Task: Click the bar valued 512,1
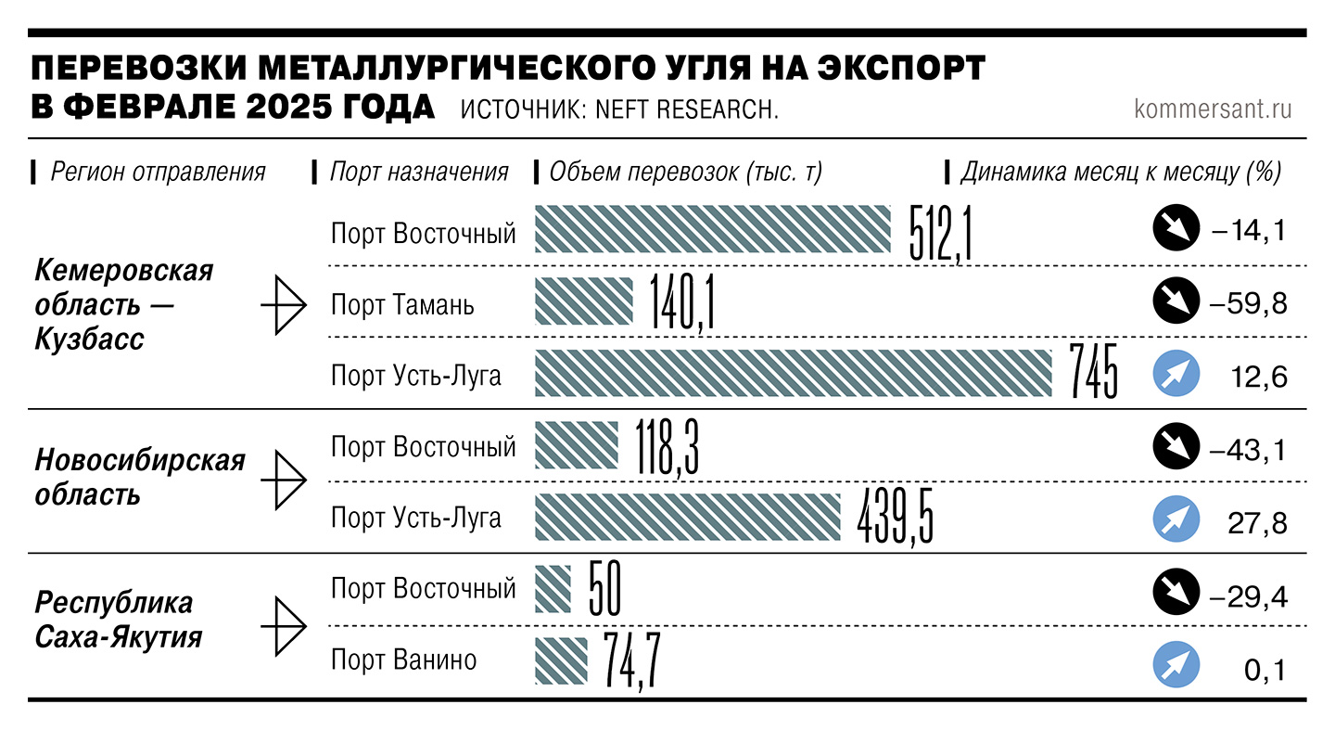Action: [x=710, y=230]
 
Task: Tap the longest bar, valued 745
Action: [x=794, y=373]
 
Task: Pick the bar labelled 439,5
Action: [x=687, y=517]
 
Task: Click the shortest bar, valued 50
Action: [x=553, y=589]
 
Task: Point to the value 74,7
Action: [x=631, y=660]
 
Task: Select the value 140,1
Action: [x=682, y=303]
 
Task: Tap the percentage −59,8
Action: [x=1248, y=303]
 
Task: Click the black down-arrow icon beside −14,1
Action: [x=1176, y=231]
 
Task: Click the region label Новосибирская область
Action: [x=140, y=477]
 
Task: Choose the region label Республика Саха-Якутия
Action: [x=119, y=620]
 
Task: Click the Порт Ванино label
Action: [x=404, y=660]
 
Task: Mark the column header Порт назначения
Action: [x=419, y=172]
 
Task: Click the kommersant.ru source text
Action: [x=1213, y=109]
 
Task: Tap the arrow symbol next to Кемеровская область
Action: [x=284, y=303]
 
